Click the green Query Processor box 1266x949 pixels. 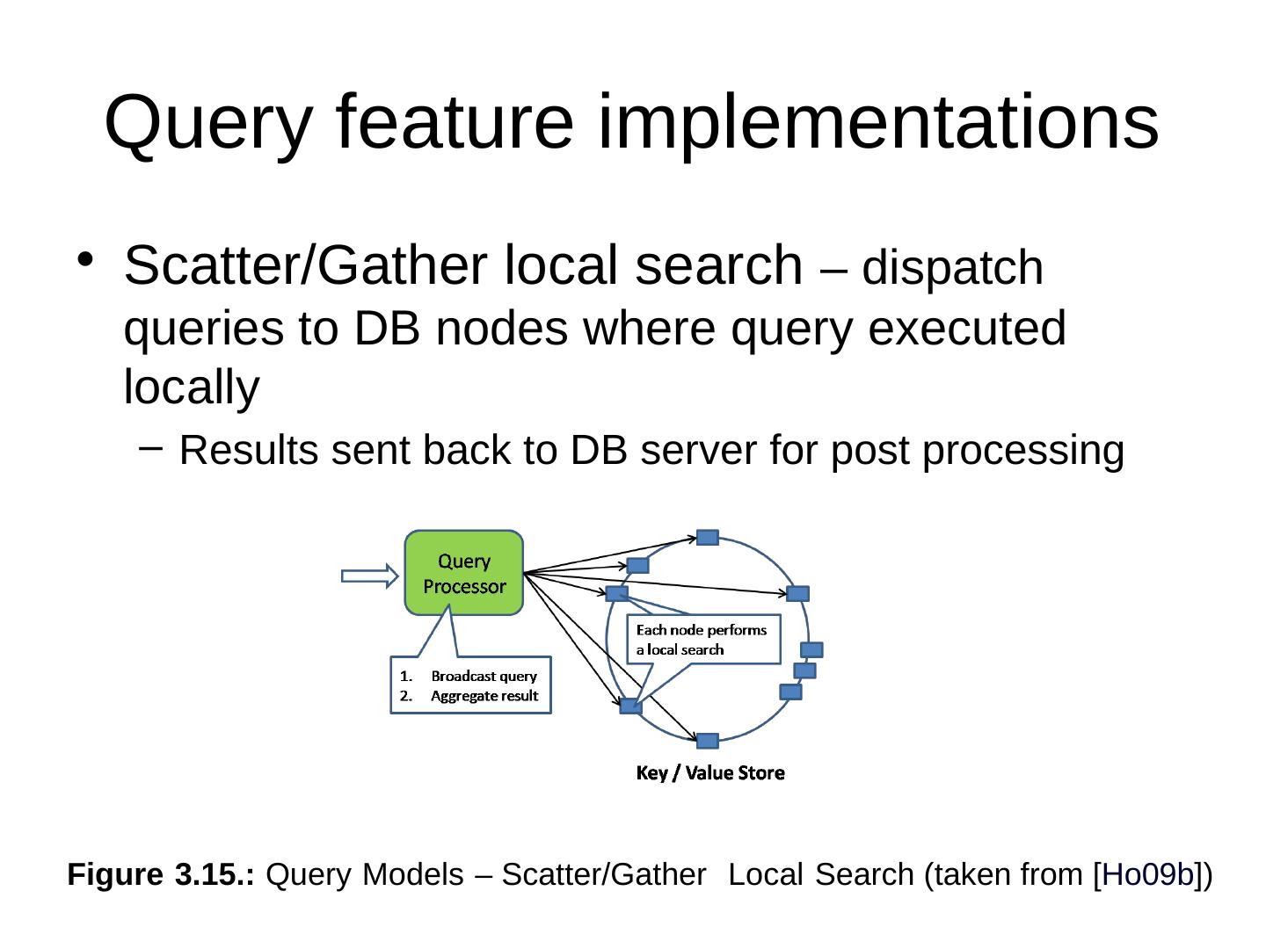click(463, 573)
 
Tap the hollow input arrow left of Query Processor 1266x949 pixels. click(369, 576)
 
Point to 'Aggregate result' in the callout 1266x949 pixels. click(484, 696)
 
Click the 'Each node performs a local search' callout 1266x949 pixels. click(702, 639)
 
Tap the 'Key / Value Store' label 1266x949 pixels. click(710, 773)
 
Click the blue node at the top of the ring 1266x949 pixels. click(708, 538)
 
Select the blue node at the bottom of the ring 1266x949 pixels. click(708, 741)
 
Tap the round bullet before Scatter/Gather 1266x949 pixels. click(85, 259)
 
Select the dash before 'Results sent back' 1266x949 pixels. click(150, 449)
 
